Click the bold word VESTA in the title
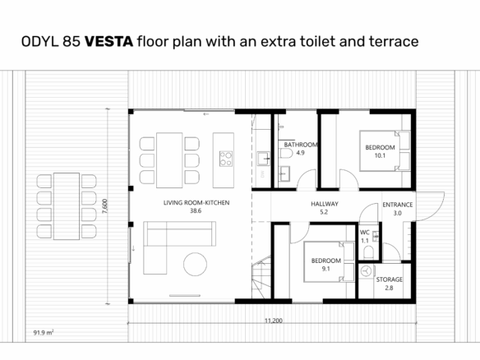click(x=108, y=41)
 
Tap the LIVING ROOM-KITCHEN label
click(x=196, y=203)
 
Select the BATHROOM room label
click(x=301, y=145)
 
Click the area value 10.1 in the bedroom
click(x=380, y=155)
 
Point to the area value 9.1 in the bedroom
click(x=325, y=269)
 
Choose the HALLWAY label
click(x=325, y=204)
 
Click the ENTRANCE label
click(x=398, y=205)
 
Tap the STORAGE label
click(x=389, y=279)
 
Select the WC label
click(x=365, y=233)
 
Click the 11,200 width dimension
click(x=274, y=321)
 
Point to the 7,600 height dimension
click(x=104, y=206)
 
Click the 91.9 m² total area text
click(x=44, y=332)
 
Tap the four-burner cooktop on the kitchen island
click(x=226, y=159)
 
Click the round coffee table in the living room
click(x=195, y=264)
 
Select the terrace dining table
click(x=67, y=206)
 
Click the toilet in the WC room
click(x=368, y=252)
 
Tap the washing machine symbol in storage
click(x=366, y=271)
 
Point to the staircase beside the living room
click(x=261, y=277)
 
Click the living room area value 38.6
click(x=196, y=211)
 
